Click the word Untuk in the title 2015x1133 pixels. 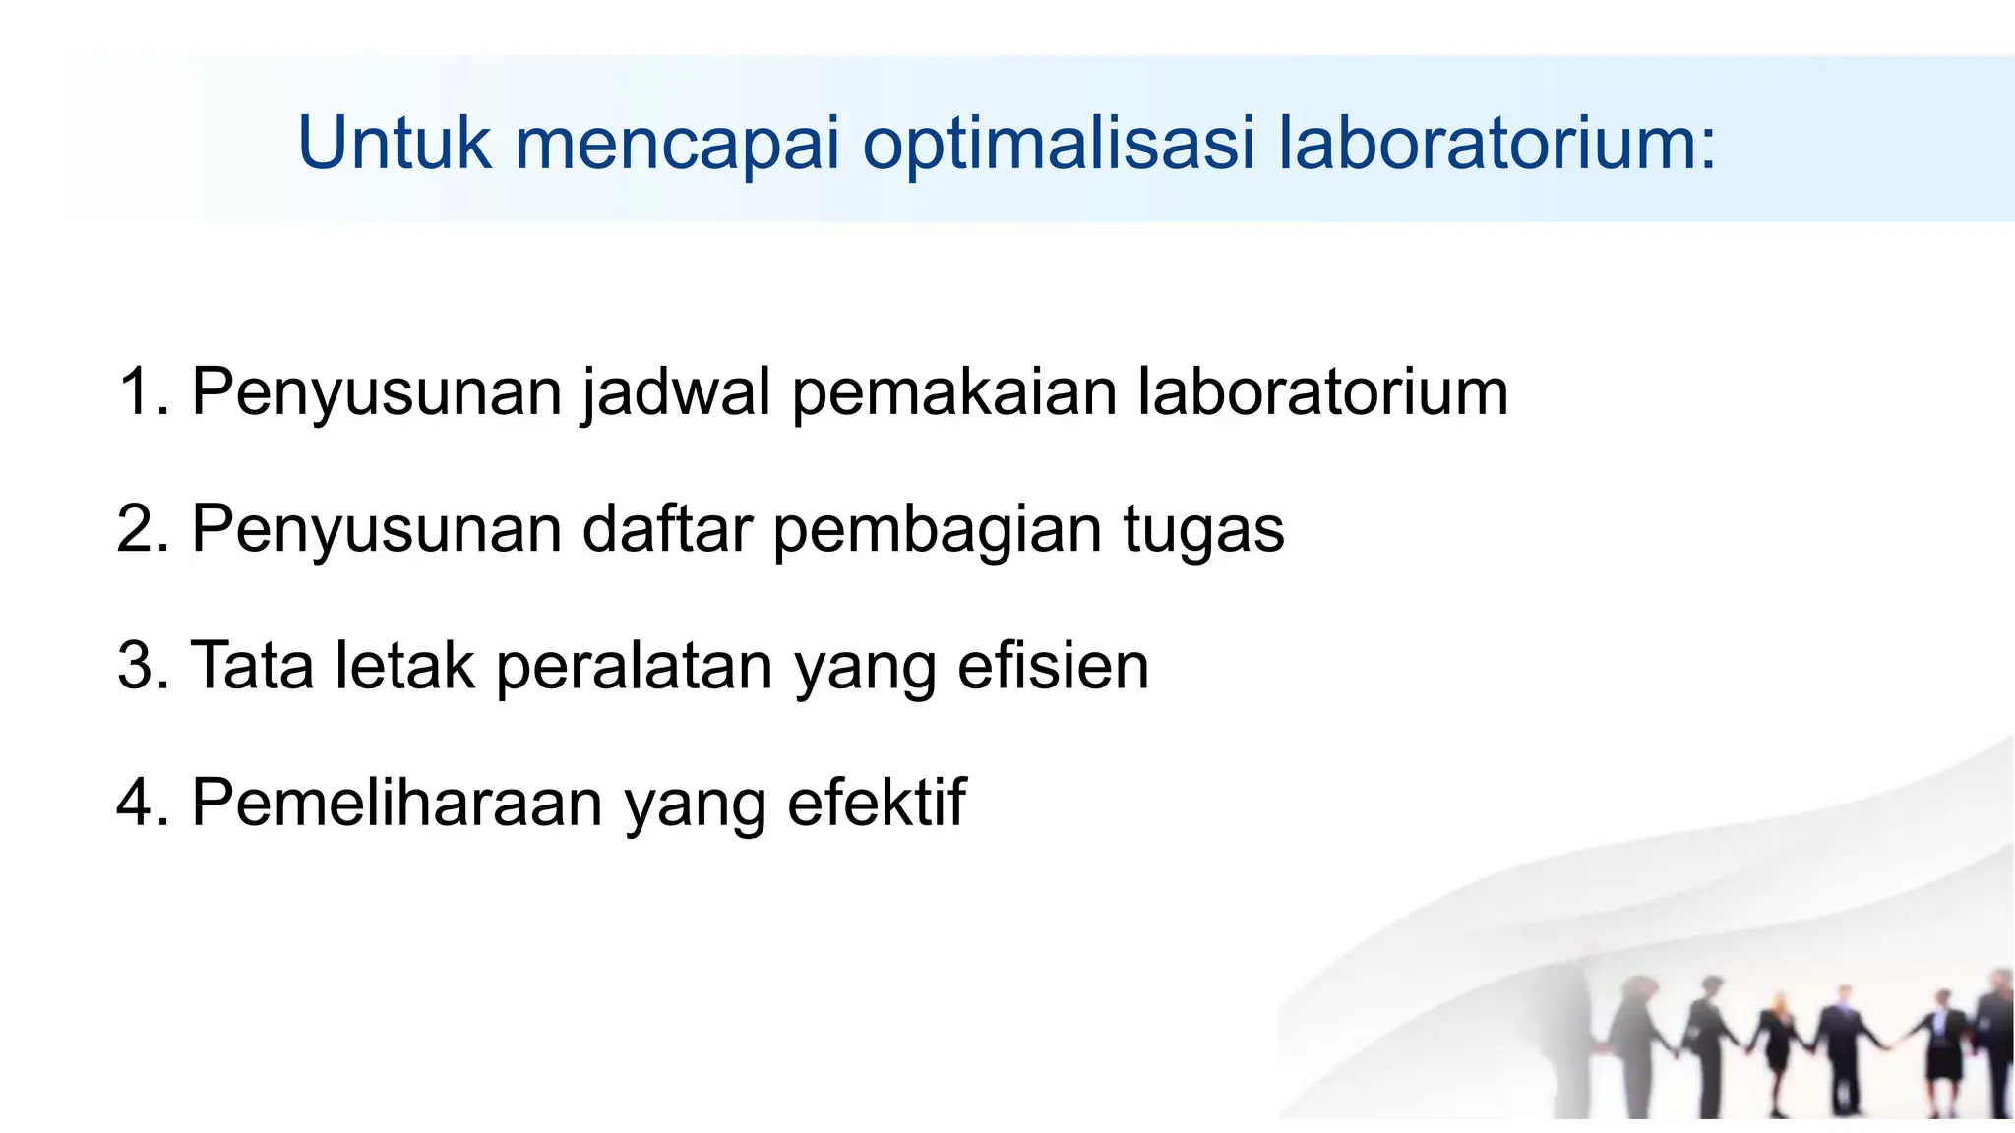click(x=394, y=144)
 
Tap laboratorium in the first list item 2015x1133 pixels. click(x=1322, y=391)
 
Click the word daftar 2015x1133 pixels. click(x=667, y=528)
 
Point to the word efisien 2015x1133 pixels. click(x=1053, y=666)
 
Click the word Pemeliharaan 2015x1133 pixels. click(x=397, y=803)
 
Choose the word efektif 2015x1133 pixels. click(x=876, y=803)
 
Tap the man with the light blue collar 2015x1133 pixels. click(x=1844, y=1043)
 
